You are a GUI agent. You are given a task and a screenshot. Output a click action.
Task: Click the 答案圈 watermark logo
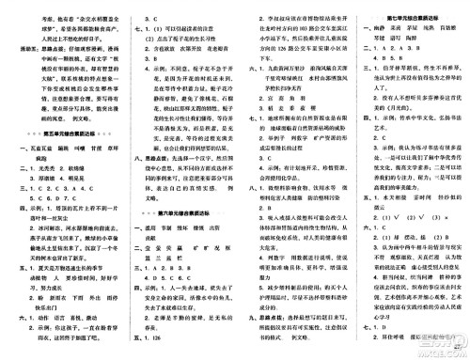pyautogui.click(x=437, y=340)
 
